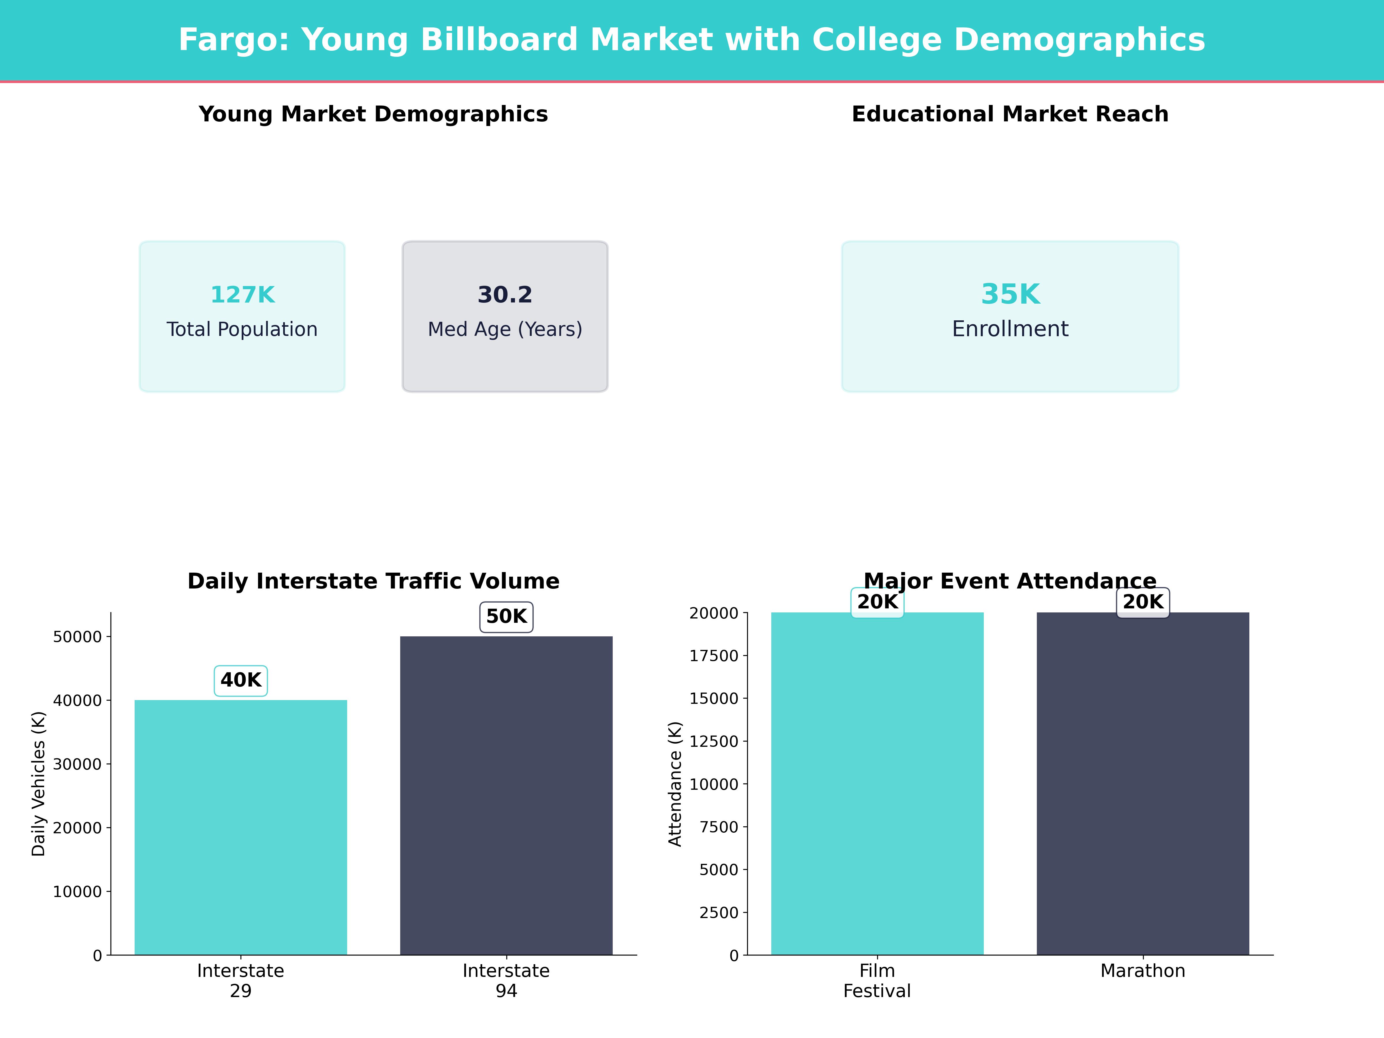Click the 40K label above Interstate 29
coord(241,680)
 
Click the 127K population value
coord(242,295)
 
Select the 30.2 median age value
coord(505,295)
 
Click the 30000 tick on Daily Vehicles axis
coord(77,764)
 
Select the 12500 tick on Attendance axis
coord(714,741)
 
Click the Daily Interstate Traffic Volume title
coord(373,581)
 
